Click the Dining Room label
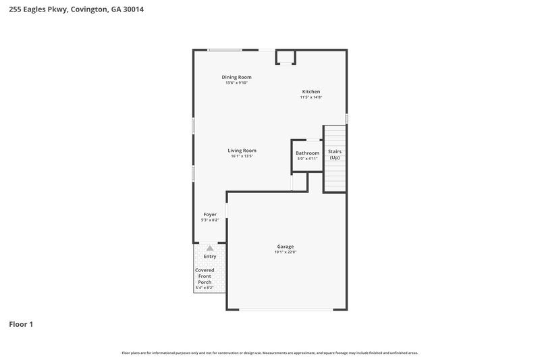coord(236,77)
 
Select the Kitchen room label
coord(310,91)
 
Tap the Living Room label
coord(242,150)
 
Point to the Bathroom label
coord(307,153)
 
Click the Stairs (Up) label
coord(335,155)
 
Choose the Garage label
coord(285,247)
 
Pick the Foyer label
coord(210,214)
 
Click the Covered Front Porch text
coord(205,276)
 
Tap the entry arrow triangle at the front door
coord(210,249)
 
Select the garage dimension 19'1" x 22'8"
coord(285,253)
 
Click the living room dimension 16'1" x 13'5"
coord(242,156)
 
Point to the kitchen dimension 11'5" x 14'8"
coord(310,97)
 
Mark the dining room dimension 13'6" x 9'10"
coord(236,83)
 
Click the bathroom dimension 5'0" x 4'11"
coord(307,159)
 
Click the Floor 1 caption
coord(20,324)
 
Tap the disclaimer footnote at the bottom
coord(269,353)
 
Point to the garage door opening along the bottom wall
coord(286,309)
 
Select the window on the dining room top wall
coord(224,50)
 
